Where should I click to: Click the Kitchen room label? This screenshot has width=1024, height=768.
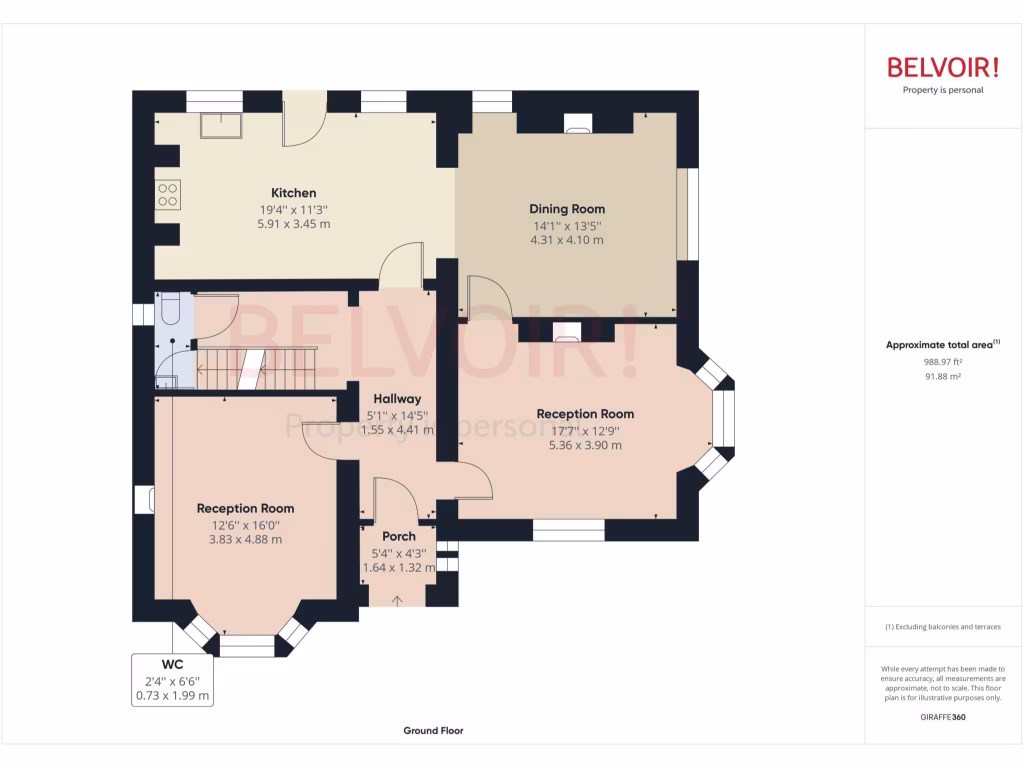click(x=293, y=193)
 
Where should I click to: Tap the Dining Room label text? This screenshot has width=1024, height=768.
click(x=567, y=209)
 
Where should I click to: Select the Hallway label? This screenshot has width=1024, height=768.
click(x=397, y=399)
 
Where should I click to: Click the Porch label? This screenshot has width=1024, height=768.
click(x=399, y=536)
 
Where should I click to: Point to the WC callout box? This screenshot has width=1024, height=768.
click(x=173, y=680)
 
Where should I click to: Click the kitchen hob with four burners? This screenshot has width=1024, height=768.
click(x=167, y=194)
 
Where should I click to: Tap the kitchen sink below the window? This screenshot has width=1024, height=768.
click(x=215, y=126)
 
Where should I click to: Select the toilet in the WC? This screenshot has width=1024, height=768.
click(x=169, y=310)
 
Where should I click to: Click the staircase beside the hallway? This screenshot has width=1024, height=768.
click(x=255, y=368)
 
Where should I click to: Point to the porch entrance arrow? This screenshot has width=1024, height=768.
click(x=398, y=600)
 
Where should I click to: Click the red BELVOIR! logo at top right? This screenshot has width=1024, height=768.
click(x=943, y=68)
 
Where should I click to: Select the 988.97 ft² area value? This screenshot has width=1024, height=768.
click(x=942, y=362)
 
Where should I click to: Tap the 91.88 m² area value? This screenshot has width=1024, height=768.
click(x=942, y=377)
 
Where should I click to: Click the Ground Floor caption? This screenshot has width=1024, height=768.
click(x=433, y=731)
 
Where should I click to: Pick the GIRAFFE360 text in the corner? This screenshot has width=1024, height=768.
click(x=943, y=717)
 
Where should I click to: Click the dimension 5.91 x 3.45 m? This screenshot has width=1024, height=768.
click(x=293, y=224)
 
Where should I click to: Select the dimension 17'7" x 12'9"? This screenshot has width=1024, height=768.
click(x=585, y=430)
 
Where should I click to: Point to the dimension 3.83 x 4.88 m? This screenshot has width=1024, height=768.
click(x=245, y=539)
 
